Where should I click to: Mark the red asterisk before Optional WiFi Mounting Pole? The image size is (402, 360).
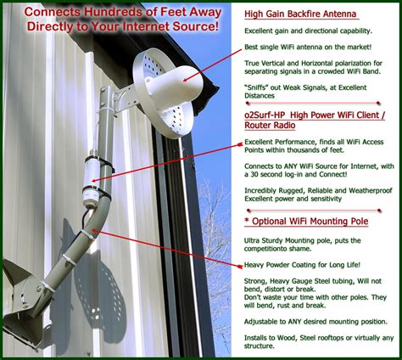pyautogui.click(x=247, y=221)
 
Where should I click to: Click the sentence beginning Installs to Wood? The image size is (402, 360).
pyautogui.click(x=317, y=343)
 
